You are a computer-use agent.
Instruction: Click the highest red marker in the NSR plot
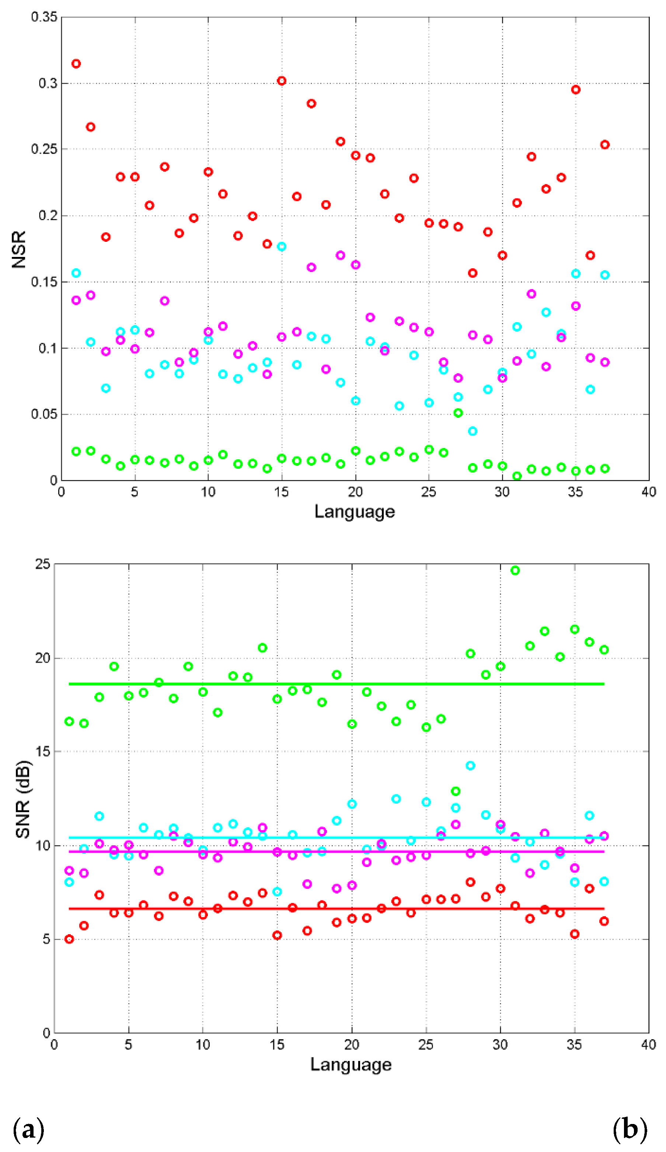(x=76, y=63)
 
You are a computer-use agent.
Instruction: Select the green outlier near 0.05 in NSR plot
(x=458, y=413)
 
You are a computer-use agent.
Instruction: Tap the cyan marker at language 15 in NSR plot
(x=282, y=246)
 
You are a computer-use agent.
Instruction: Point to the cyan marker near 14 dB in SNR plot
(x=470, y=766)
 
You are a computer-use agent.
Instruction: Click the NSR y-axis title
(x=19, y=249)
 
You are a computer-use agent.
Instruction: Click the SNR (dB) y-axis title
(x=23, y=800)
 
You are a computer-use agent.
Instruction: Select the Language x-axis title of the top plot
(x=354, y=511)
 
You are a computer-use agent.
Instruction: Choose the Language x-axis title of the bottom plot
(x=351, y=1065)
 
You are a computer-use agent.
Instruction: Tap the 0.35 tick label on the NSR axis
(x=44, y=17)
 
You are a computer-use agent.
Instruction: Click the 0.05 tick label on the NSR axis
(x=44, y=414)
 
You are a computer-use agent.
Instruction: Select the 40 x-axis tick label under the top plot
(x=649, y=492)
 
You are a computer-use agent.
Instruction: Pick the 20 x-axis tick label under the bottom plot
(x=352, y=1045)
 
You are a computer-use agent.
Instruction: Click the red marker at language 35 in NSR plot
(x=575, y=90)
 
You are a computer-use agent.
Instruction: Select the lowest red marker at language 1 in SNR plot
(x=69, y=939)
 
